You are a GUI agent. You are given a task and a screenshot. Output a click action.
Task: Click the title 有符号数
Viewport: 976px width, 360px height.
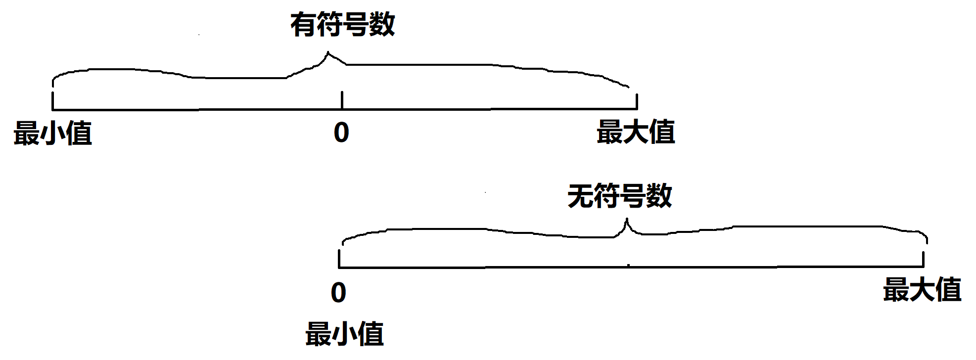click(x=342, y=25)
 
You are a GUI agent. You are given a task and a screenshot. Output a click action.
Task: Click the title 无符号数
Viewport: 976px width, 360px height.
click(x=619, y=196)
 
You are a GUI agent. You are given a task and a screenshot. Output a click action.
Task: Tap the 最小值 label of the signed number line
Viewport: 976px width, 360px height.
click(x=52, y=133)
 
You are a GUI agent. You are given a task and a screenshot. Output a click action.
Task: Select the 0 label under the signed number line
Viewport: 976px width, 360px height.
click(x=341, y=133)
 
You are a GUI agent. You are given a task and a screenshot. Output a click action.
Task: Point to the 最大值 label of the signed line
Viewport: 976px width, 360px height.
click(x=636, y=132)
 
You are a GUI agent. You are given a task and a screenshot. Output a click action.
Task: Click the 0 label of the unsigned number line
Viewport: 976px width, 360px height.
click(x=338, y=293)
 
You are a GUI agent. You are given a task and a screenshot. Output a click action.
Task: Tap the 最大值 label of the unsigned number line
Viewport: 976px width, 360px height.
click(x=922, y=290)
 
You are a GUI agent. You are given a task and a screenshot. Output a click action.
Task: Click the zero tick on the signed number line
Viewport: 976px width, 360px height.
click(x=342, y=100)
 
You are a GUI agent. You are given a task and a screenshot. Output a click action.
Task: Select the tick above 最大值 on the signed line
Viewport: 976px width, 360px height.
click(x=637, y=101)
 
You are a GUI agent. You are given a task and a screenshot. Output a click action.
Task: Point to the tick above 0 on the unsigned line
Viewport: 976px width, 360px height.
click(x=339, y=259)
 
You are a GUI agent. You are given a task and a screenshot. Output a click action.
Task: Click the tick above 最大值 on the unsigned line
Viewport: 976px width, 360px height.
click(x=923, y=259)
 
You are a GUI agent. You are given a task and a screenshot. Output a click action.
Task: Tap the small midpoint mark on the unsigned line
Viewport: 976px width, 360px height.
click(x=628, y=266)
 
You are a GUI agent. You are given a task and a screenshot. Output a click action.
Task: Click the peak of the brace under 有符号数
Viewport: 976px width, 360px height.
click(x=327, y=53)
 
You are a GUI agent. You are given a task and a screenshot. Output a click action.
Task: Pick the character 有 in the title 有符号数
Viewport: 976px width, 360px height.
click(x=303, y=25)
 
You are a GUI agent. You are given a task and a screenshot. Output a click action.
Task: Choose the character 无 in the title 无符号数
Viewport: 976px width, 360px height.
click(x=580, y=196)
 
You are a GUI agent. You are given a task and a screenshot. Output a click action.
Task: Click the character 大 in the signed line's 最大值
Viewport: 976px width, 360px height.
click(x=636, y=132)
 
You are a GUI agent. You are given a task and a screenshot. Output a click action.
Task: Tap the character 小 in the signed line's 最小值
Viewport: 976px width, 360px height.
click(x=52, y=133)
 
